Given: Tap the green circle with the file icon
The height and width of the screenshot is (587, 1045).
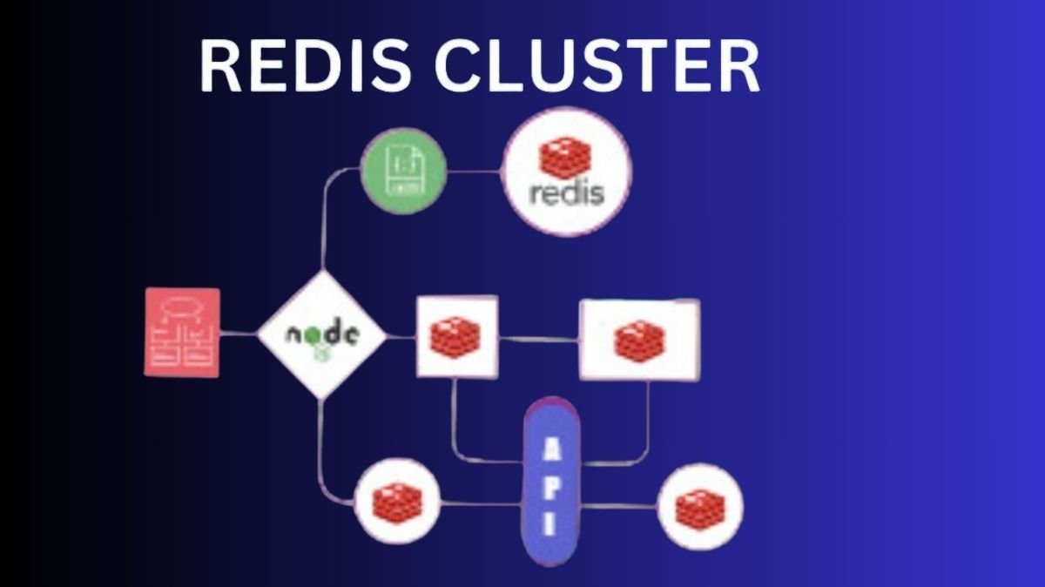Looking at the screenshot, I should (x=403, y=171).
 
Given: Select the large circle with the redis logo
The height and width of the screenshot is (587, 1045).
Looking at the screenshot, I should (x=567, y=175).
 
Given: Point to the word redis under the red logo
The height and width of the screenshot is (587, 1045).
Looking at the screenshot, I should (x=567, y=192).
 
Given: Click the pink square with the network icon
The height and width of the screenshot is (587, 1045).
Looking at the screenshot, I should (x=182, y=333).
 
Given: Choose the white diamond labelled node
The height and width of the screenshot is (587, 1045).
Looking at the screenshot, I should (x=322, y=335).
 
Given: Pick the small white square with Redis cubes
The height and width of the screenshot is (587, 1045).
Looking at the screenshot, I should (x=456, y=336).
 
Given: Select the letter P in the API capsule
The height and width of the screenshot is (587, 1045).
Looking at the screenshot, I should (x=551, y=488).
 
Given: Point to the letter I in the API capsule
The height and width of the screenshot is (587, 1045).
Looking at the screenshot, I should (x=551, y=525).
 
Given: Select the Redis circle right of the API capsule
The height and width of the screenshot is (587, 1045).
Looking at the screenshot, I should (x=700, y=506).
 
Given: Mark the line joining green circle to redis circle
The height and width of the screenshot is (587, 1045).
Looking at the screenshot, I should (x=475, y=172).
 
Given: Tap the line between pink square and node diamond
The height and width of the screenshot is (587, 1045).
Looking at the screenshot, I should (x=239, y=333).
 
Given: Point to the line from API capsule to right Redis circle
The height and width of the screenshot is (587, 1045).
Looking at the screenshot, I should (x=618, y=506).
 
